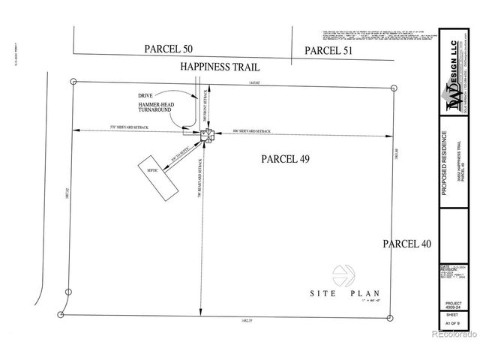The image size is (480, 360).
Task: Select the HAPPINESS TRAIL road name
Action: (220, 67)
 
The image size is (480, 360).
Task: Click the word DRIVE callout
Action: (145, 96)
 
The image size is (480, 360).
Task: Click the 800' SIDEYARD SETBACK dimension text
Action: (252, 131)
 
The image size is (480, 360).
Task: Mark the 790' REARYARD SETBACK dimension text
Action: (199, 179)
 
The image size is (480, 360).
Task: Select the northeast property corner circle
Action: (394, 88)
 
